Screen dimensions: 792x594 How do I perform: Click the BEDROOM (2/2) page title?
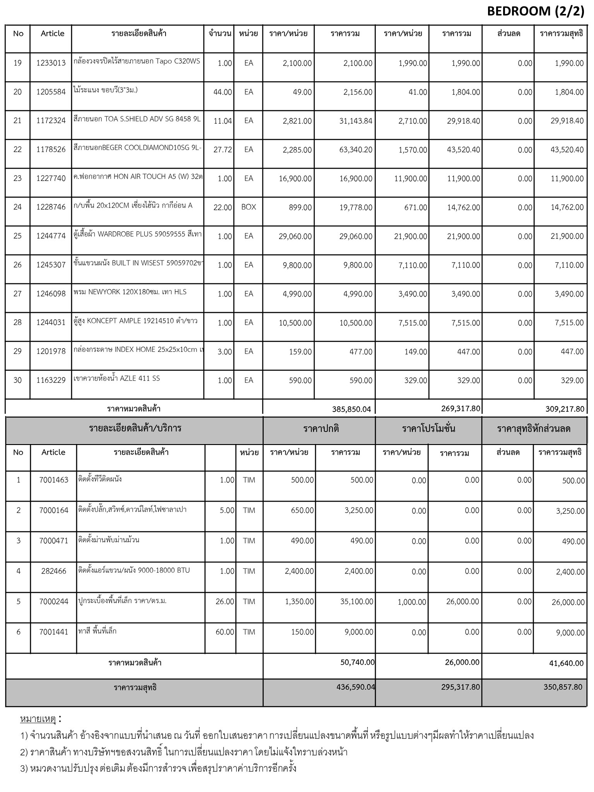click(x=536, y=12)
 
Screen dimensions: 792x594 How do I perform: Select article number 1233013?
click(x=51, y=63)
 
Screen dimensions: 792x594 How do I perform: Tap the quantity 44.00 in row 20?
click(x=222, y=92)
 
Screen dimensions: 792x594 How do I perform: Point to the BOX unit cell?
click(x=249, y=207)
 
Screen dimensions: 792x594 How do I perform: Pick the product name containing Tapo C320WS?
click(x=137, y=61)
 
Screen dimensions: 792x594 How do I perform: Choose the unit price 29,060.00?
click(x=295, y=236)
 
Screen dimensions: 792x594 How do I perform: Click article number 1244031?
click(x=51, y=323)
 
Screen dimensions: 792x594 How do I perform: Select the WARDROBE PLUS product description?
click(x=138, y=234)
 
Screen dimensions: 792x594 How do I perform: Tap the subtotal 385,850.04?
click(x=351, y=409)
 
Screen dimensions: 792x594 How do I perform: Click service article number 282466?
click(x=54, y=571)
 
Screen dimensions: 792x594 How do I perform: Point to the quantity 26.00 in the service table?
click(x=225, y=602)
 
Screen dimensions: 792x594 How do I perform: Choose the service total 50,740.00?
click(x=357, y=662)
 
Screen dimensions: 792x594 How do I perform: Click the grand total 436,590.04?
click(x=355, y=687)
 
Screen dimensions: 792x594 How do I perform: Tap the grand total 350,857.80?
click(x=563, y=687)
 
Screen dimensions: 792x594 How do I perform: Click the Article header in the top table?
click(x=53, y=34)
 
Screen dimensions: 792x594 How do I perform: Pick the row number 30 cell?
click(x=18, y=381)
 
